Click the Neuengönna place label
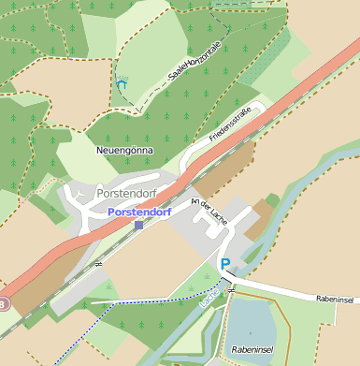124,150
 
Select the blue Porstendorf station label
139,212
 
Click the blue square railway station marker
139,225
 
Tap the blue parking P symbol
224,264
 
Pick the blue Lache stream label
209,298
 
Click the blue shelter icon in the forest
122,84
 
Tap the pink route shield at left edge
3,304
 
